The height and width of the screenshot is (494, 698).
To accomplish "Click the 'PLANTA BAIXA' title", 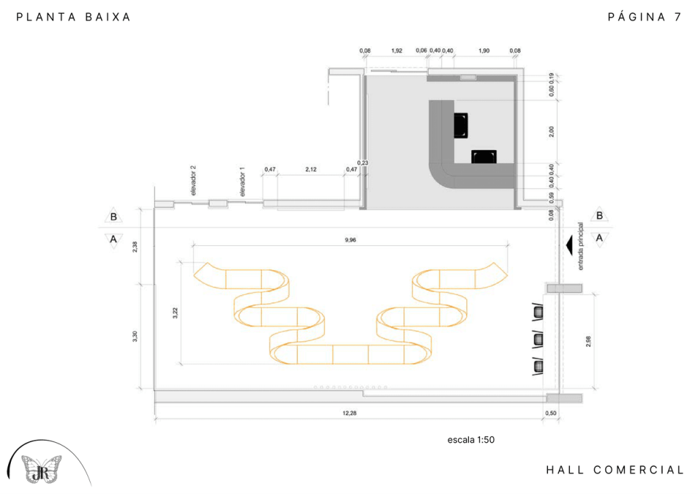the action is [74, 17].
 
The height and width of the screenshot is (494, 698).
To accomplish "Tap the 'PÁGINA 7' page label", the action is [645, 17].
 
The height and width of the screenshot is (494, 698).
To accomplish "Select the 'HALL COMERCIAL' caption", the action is [615, 470].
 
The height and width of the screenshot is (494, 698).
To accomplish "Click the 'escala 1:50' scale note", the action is [471, 439].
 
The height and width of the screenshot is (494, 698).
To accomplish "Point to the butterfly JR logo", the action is [42, 469].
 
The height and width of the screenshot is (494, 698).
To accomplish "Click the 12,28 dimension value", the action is [350, 413].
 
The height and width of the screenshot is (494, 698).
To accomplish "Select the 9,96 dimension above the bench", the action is [350, 240].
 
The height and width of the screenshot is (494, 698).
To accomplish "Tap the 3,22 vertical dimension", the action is [175, 313].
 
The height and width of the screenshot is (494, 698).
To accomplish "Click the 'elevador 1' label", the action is [243, 181].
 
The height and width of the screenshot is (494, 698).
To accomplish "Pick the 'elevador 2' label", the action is [193, 181].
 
